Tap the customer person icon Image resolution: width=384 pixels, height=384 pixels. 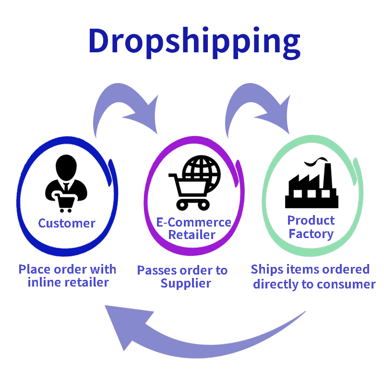click(x=66, y=183)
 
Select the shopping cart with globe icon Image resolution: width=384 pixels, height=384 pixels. click(x=194, y=182)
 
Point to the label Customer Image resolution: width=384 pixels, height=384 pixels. click(x=67, y=223)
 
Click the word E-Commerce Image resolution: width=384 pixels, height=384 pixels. click(x=194, y=223)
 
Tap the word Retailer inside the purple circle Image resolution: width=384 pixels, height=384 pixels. click(x=192, y=235)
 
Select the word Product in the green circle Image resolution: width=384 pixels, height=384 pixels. click(x=311, y=221)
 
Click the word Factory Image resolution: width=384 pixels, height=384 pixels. click(x=311, y=234)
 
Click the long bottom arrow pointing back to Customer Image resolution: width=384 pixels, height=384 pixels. click(x=192, y=336)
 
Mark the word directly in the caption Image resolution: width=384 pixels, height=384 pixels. click(x=277, y=284)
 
